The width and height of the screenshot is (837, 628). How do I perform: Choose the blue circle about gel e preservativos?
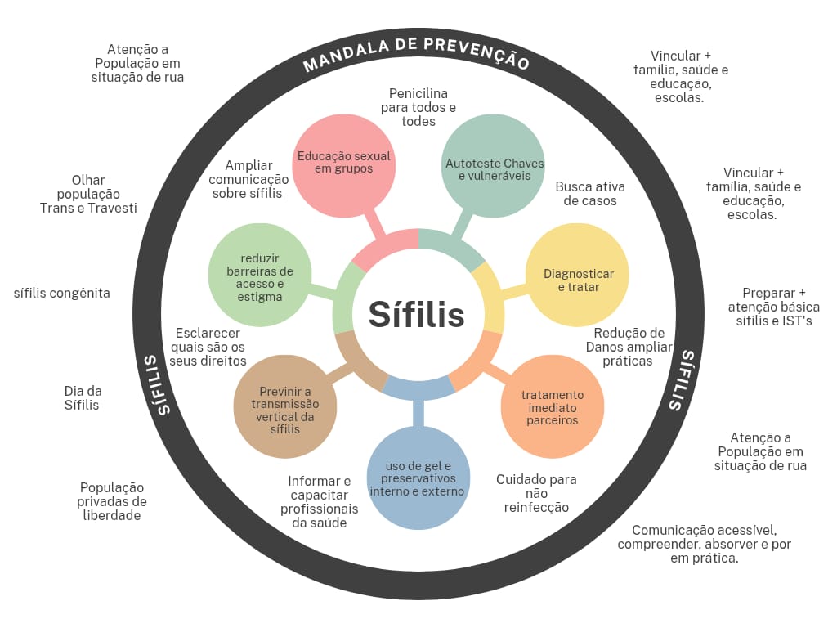(418, 478)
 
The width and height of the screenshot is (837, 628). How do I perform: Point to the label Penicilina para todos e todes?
(418, 107)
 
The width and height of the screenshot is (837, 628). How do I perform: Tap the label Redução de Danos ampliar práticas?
(629, 346)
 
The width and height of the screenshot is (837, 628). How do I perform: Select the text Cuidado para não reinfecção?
(536, 493)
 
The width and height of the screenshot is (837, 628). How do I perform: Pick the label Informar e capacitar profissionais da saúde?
(319, 501)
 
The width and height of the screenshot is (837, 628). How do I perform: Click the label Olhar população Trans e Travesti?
(88, 194)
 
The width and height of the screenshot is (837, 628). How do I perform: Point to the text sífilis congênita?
(62, 293)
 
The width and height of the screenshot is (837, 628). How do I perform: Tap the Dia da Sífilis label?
(83, 397)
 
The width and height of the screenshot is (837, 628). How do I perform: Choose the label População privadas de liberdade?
(112, 500)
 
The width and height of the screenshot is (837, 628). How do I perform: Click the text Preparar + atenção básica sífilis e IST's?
(773, 307)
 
